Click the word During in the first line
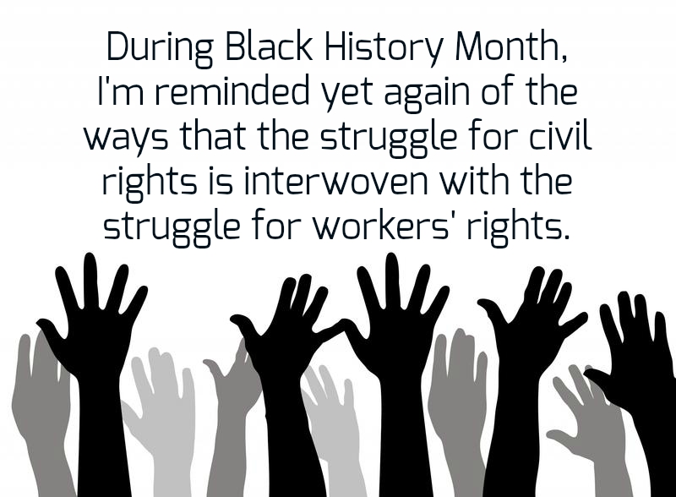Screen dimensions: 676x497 160,47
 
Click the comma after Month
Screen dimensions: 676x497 564,58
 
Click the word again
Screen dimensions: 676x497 427,94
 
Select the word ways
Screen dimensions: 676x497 125,139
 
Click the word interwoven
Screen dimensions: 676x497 335,180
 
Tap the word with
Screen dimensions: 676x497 473,180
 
